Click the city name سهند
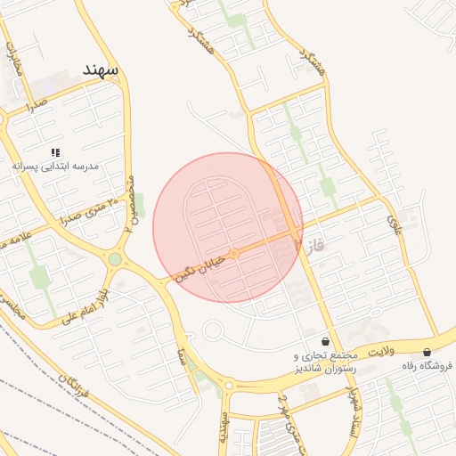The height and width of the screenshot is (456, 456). coord(100,69)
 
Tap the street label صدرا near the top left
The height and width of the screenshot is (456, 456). coord(36,107)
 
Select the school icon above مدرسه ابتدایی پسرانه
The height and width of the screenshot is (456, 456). coord(55,153)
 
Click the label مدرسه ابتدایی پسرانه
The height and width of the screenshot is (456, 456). coord(55,167)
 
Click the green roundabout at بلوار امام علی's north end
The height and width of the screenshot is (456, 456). coord(115,259)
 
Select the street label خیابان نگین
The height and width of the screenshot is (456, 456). coord(196,266)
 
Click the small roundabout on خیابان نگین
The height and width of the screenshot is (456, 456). coord(234,254)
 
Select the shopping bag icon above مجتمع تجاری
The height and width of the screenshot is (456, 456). coord(325,340)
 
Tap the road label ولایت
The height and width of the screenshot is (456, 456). coord(381,353)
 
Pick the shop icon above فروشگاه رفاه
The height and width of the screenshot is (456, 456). coord(427,352)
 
